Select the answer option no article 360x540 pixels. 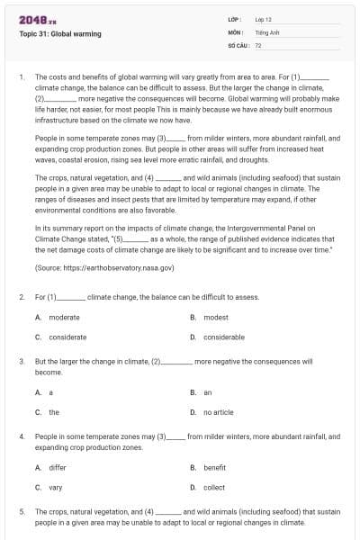(219, 411)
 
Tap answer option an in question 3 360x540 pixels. (208, 392)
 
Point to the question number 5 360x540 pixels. (21, 511)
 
